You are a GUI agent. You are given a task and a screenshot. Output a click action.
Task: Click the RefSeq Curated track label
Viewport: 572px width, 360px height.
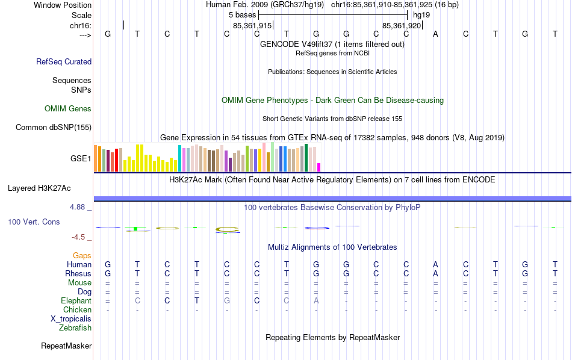tap(64, 61)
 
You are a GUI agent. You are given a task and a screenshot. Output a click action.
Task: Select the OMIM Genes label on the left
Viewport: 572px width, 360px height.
tap(68, 109)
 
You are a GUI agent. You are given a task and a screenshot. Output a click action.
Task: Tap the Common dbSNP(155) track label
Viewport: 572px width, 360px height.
tap(54, 127)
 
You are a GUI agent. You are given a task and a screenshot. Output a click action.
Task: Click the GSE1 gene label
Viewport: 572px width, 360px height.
tap(81, 159)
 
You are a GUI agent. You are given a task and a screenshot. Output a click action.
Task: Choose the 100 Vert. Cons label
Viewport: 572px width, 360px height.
tap(34, 222)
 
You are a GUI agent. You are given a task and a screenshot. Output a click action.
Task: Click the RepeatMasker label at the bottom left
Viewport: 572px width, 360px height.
tap(66, 346)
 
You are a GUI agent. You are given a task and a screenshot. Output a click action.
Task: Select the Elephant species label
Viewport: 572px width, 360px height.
tap(76, 301)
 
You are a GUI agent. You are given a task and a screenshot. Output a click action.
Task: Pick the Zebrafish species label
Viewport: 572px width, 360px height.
tap(75, 328)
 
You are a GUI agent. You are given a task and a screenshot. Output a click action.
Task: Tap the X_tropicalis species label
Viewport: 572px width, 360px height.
tap(71, 319)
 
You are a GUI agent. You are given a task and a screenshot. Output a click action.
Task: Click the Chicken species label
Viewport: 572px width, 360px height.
tap(78, 310)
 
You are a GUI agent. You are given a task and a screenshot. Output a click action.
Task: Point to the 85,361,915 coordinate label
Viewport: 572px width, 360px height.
tap(252, 26)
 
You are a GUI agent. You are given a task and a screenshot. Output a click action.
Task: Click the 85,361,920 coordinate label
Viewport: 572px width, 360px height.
tap(402, 26)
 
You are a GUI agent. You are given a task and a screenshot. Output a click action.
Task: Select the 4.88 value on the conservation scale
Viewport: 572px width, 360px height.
tap(80, 207)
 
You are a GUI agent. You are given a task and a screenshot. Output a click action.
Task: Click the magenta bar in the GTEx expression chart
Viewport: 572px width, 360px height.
tap(319, 167)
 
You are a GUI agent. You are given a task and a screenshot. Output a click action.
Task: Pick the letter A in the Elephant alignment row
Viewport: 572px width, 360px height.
tap(316, 301)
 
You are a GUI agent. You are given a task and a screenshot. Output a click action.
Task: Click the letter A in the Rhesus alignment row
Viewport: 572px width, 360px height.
tap(435, 274)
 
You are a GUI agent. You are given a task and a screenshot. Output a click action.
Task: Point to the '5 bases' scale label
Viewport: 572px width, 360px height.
tap(243, 14)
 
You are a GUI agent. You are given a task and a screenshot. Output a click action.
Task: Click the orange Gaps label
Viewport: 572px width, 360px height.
tap(82, 256)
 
